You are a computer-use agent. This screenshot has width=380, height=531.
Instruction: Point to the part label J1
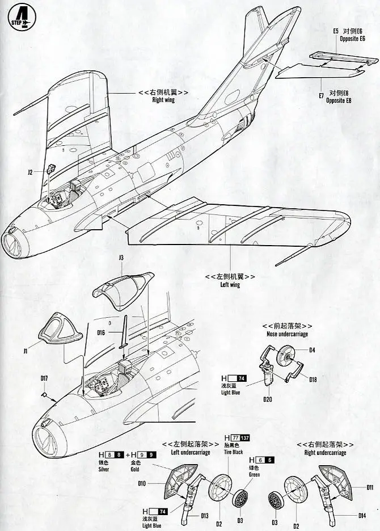(x=26, y=352)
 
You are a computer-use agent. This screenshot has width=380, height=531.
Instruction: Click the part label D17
(x=44, y=378)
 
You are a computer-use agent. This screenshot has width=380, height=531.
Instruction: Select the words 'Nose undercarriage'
(x=287, y=334)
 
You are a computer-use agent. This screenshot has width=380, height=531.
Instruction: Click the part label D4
(x=312, y=349)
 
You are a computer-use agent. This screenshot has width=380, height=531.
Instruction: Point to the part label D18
(x=313, y=380)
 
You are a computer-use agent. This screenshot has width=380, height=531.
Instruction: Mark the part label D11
(x=370, y=487)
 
